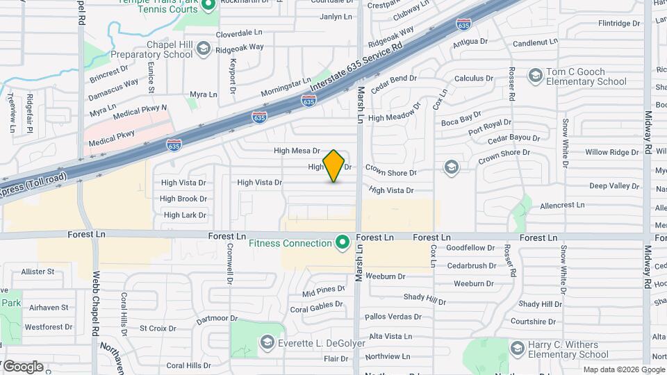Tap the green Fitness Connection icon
point(342,243)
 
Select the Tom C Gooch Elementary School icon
point(535,74)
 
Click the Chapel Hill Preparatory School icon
point(203,48)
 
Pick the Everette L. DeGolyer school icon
point(267,342)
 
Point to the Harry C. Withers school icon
point(516,348)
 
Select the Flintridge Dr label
point(618,23)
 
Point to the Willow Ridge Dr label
point(611,152)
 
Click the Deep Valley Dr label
point(614,185)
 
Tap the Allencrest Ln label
point(562,205)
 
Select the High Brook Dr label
point(183,199)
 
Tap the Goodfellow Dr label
point(470,247)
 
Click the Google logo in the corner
point(23,366)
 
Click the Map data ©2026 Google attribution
point(624,370)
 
